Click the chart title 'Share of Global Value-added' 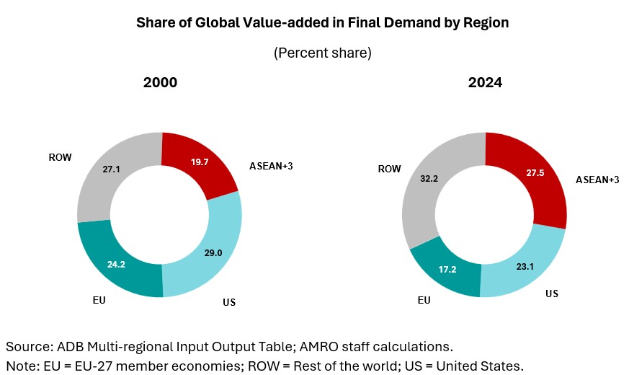pos(322,23)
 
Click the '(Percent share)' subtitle pos(322,53)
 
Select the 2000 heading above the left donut pos(160,83)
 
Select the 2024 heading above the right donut pos(485,83)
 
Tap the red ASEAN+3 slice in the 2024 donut pos(530,180)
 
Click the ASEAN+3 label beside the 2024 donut pos(597,180)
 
